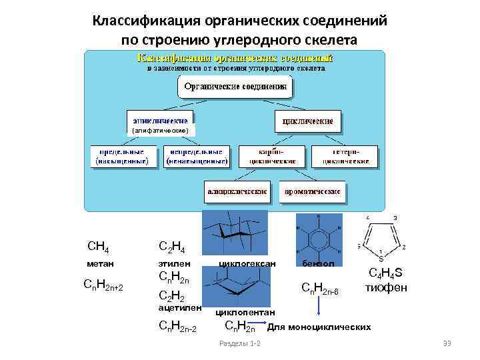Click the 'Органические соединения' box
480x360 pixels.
point(235,87)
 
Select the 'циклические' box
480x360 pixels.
point(308,121)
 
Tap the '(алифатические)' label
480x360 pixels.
point(161,131)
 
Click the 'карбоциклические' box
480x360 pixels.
point(273,156)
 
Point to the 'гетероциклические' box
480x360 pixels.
point(346,156)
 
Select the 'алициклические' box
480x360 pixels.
point(237,191)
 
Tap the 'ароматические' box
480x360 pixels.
point(312,191)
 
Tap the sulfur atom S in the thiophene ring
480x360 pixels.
point(381,259)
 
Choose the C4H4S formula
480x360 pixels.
point(385,274)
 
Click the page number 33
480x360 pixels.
point(447,343)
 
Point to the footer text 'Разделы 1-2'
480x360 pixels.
point(240,343)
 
